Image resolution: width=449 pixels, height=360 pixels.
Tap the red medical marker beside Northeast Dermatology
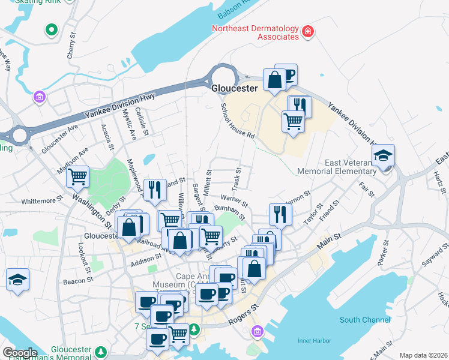point(308,31)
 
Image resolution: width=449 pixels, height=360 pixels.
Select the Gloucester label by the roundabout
point(234,88)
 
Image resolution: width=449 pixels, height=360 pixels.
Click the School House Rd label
point(238,120)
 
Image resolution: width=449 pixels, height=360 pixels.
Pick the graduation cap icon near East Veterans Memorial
point(383,157)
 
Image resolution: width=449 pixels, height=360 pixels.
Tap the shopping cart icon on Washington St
point(77,177)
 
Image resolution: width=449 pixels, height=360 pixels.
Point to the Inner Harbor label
point(314,341)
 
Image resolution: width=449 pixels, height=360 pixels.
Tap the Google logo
point(20,352)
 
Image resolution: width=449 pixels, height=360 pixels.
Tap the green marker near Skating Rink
point(52,29)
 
